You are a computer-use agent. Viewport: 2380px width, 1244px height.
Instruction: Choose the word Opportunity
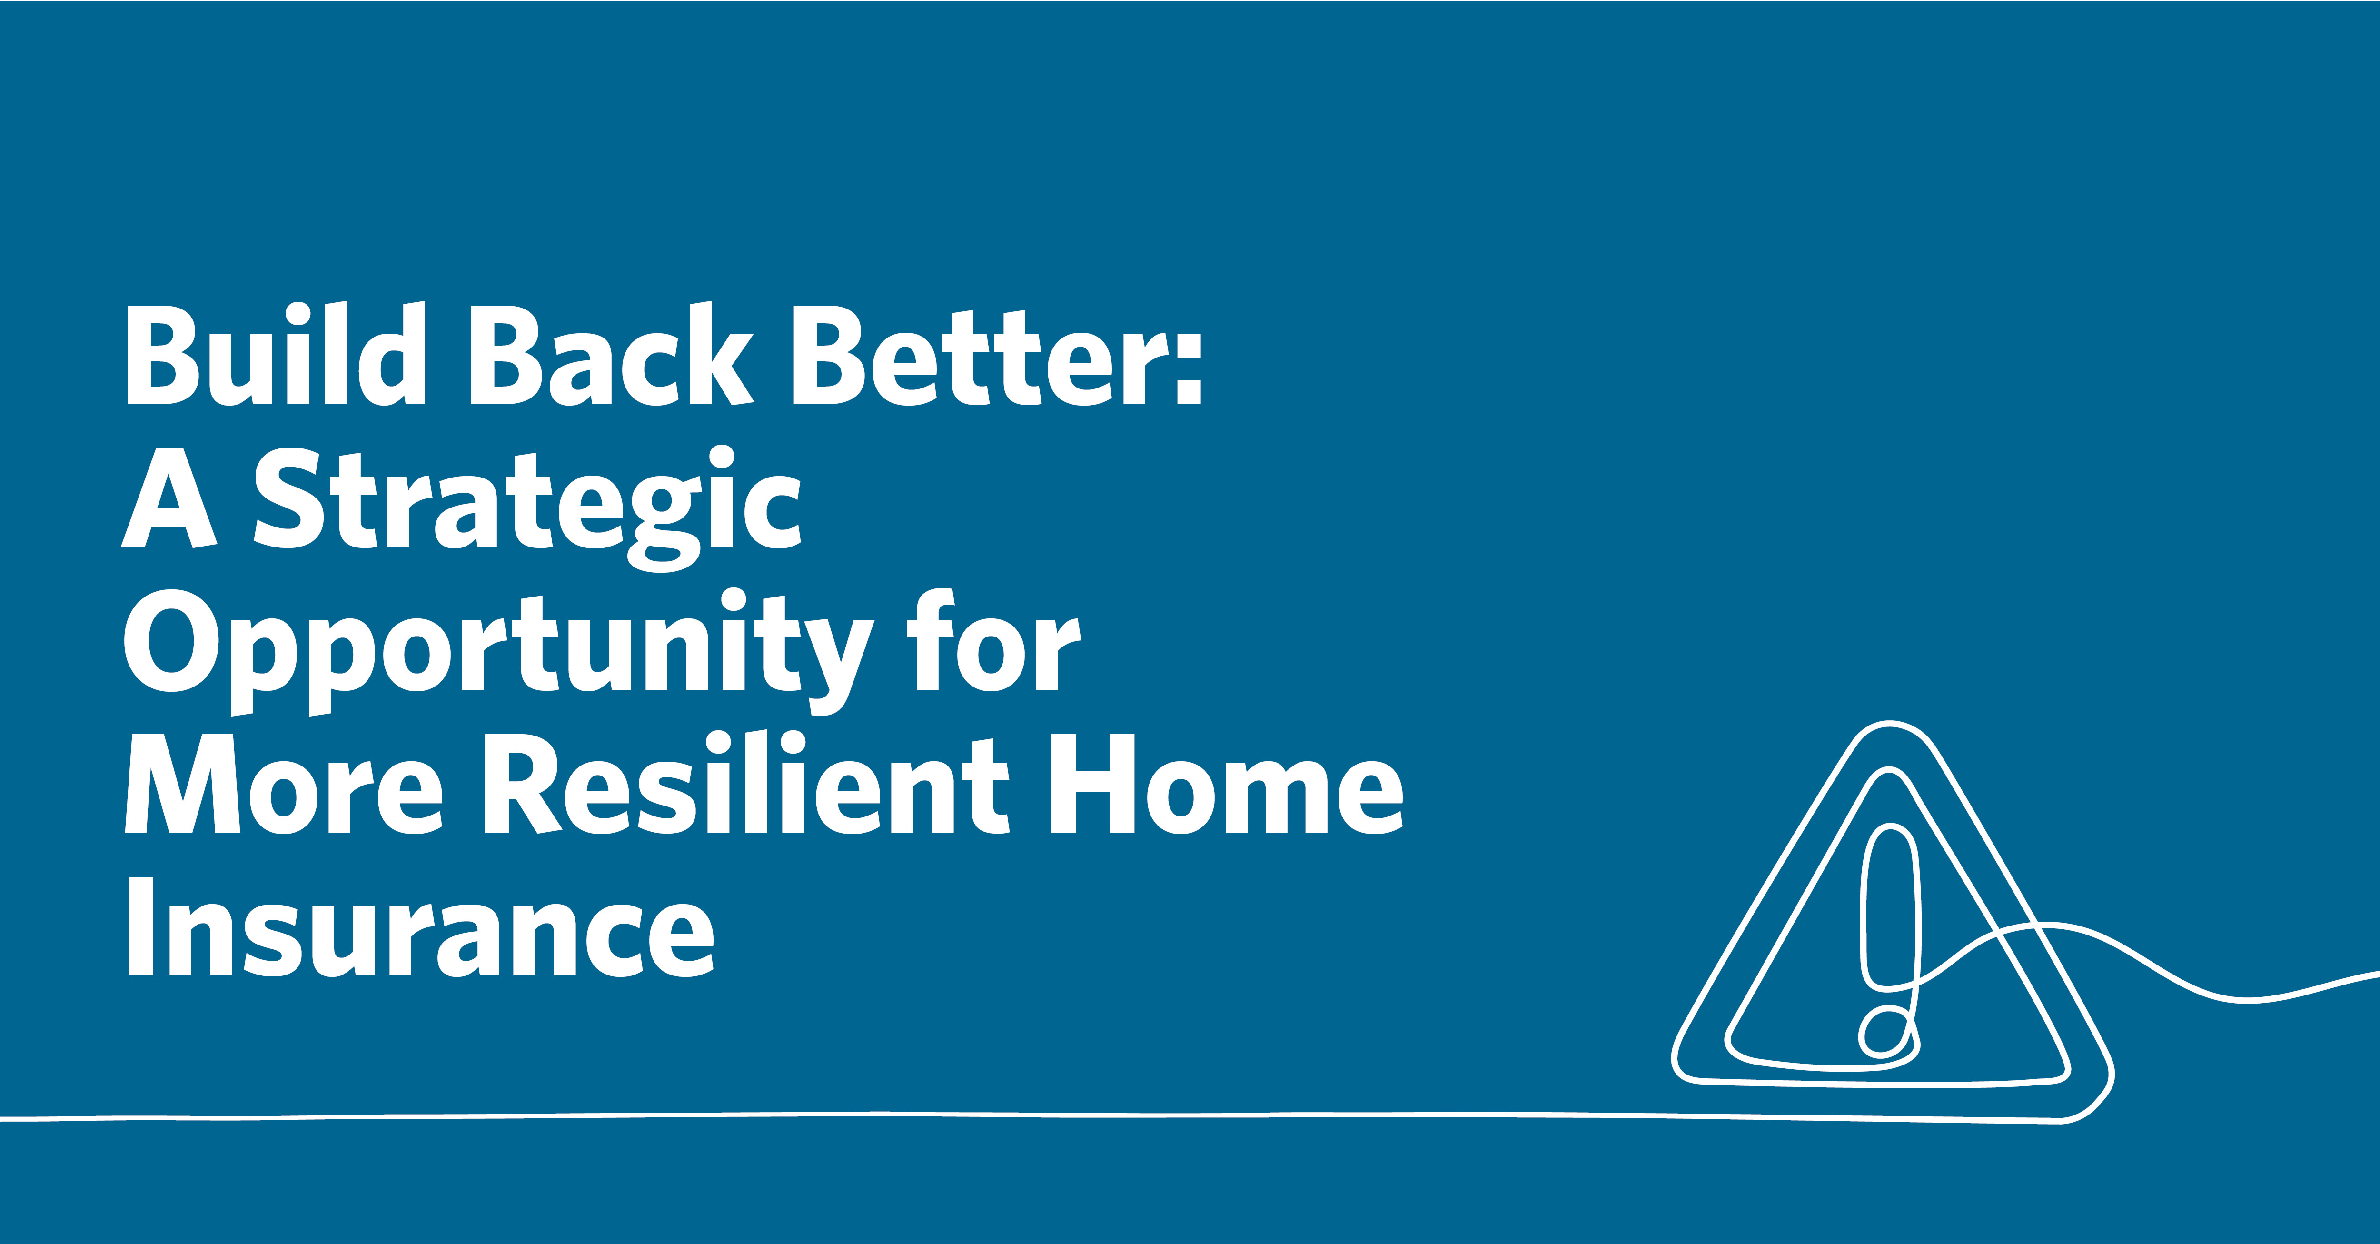(499, 652)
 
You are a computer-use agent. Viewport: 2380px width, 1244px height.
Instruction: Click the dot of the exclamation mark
(1887, 1031)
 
